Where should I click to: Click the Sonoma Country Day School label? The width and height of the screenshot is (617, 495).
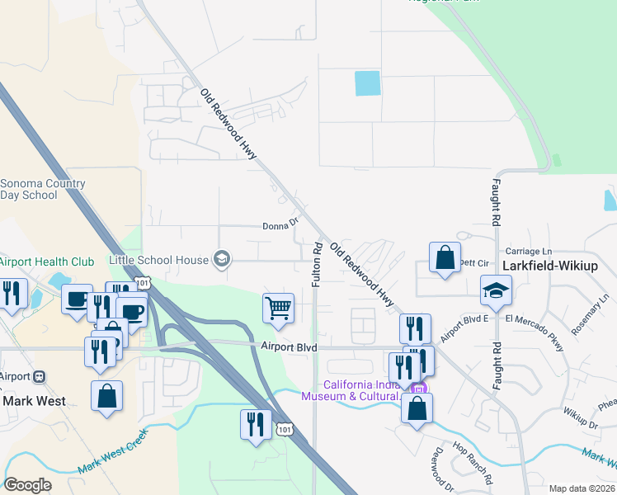coord(42,189)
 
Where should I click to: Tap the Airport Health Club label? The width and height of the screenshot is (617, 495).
coord(47,262)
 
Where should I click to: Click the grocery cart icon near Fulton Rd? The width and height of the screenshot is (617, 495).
coord(279,308)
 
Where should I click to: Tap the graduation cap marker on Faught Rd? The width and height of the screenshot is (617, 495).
coord(496,290)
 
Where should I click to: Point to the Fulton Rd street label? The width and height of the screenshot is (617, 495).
coord(317,265)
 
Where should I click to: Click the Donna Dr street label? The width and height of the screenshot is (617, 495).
coord(280,225)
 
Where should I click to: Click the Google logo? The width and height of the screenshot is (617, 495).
coord(27,485)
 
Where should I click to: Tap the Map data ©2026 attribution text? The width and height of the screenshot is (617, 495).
coord(582,488)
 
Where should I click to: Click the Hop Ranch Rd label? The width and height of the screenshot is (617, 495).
coord(473,463)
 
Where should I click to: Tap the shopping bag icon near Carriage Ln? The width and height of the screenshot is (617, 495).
coord(445,257)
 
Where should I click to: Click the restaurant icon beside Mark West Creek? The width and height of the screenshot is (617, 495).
coord(256,424)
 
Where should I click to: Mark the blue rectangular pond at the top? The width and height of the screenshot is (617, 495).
coord(367,83)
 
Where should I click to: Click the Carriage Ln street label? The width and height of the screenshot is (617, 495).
coord(528,252)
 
